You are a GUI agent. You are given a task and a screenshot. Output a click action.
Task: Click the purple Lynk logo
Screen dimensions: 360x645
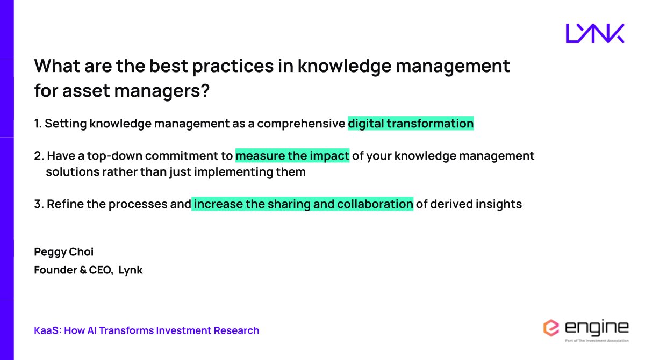tap(595, 33)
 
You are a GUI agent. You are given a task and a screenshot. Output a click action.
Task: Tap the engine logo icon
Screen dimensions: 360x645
tap(551, 328)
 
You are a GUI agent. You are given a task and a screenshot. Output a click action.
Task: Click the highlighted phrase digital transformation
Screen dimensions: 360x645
tap(411, 124)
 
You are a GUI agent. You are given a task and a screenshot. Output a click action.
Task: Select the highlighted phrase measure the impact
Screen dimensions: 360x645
tap(292, 156)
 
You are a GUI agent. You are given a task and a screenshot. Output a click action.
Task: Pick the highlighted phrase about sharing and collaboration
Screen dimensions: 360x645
tap(303, 204)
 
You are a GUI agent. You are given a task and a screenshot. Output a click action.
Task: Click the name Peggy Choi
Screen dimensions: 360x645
tap(64, 251)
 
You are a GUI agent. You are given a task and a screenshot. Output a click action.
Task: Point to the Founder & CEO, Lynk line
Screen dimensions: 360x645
tap(88, 270)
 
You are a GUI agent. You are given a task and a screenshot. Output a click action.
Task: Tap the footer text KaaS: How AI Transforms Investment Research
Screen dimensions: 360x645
tap(147, 330)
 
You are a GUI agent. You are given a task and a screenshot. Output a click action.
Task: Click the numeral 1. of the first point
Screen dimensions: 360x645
tap(38, 124)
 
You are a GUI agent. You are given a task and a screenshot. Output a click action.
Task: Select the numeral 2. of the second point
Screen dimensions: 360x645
tap(39, 156)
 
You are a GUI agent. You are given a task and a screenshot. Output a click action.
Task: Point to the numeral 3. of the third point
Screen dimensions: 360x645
tap(39, 204)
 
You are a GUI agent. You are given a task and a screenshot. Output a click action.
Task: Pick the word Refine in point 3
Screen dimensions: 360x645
tap(64, 204)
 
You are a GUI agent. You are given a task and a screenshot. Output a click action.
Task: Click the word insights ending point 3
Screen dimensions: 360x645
tap(499, 204)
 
